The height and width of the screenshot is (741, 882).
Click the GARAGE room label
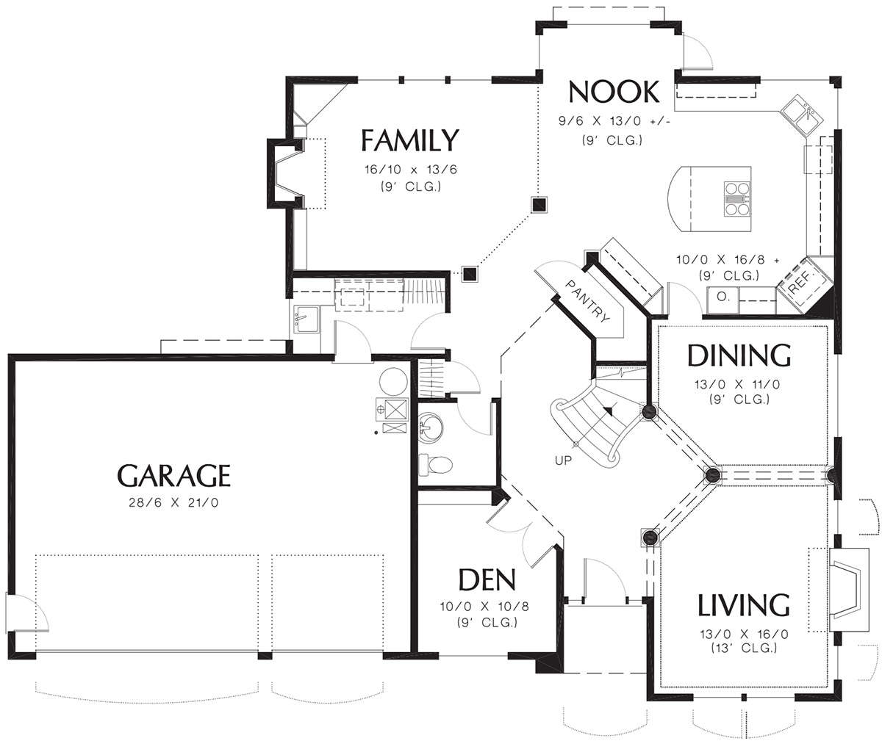(x=173, y=476)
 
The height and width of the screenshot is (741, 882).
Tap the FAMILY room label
(x=409, y=140)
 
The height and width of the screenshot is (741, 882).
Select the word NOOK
(x=614, y=92)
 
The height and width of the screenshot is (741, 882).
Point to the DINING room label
(x=739, y=355)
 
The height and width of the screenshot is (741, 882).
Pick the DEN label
(x=487, y=580)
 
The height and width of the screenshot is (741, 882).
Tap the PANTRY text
(x=587, y=302)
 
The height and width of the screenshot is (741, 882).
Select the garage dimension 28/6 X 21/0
(x=173, y=502)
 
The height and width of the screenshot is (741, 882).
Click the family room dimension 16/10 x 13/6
(x=411, y=170)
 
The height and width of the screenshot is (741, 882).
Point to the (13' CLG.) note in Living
(x=744, y=648)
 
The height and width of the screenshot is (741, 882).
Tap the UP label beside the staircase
(x=563, y=460)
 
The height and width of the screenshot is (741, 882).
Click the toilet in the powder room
(x=436, y=465)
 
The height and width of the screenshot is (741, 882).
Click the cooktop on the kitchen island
(x=737, y=199)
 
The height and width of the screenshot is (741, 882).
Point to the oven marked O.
(x=723, y=300)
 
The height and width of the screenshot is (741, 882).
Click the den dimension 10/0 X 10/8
(x=484, y=607)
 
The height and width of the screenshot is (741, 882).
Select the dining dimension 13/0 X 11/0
(x=737, y=384)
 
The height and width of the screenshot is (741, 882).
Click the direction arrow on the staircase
(x=609, y=408)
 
